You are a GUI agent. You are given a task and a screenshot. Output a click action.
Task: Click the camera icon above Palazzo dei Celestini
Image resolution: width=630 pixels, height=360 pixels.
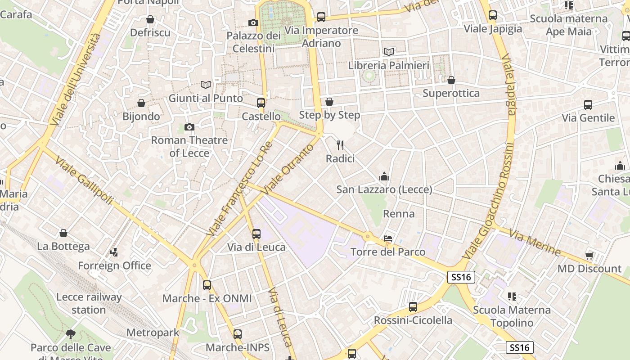click(x=253, y=22)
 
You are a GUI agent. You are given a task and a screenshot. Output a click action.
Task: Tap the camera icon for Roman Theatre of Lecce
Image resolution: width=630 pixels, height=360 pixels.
click(x=189, y=127)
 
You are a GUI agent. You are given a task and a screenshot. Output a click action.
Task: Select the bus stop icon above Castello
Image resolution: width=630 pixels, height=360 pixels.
click(x=261, y=103)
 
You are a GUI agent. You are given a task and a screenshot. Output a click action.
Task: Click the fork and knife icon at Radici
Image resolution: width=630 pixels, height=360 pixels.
click(x=340, y=145)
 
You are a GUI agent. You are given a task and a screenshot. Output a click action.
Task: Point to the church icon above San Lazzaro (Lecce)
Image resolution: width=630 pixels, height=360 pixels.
click(x=384, y=176)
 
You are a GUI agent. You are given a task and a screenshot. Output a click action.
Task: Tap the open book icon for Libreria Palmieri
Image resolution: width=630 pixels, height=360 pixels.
click(x=389, y=52)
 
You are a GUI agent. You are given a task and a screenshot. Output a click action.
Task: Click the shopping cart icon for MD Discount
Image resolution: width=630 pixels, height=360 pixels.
click(x=589, y=256)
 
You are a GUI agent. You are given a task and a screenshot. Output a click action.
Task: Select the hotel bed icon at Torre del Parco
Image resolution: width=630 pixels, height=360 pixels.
click(x=388, y=238)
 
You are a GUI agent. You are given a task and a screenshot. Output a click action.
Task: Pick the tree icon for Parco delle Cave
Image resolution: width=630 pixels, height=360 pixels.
click(x=71, y=334)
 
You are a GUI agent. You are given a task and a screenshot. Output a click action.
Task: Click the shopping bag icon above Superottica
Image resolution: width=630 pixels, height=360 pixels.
click(x=451, y=80)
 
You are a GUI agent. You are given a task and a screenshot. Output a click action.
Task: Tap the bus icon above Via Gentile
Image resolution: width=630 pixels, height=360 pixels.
click(x=588, y=105)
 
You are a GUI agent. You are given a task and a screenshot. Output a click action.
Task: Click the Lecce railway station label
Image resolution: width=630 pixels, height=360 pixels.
click(x=89, y=303)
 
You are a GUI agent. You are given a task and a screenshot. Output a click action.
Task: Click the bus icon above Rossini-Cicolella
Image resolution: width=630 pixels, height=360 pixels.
click(x=413, y=307)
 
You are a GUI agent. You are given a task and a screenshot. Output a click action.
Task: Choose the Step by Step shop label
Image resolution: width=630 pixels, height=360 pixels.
click(x=329, y=115)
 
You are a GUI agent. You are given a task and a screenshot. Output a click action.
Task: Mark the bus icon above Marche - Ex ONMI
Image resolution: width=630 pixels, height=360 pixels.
click(x=207, y=285)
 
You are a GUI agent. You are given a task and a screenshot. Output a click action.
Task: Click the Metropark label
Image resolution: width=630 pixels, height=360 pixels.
click(x=153, y=333)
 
